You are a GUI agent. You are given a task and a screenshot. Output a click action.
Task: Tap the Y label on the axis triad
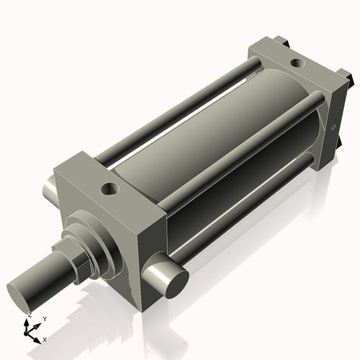(44, 318)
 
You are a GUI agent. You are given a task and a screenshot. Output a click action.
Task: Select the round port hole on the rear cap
(295, 64)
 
